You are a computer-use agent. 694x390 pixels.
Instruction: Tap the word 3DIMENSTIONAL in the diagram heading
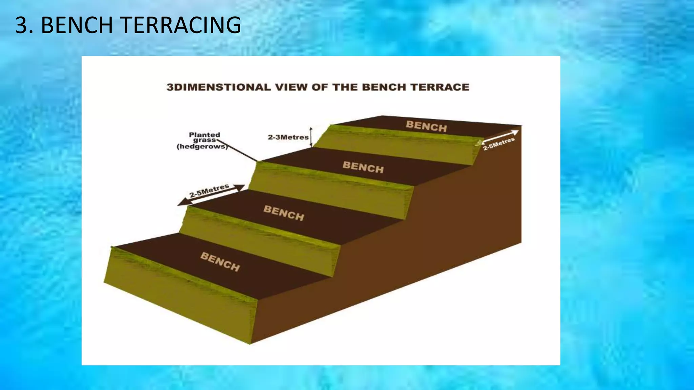point(219,87)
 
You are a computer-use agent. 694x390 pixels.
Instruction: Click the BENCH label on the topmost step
point(426,126)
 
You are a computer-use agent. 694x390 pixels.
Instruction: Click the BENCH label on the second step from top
point(363,167)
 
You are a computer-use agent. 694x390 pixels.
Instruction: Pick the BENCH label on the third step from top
point(284,213)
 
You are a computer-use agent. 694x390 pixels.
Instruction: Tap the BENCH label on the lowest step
point(220,261)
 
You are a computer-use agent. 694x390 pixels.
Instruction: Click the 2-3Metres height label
point(288,137)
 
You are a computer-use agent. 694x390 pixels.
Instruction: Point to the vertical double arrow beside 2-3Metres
point(311,137)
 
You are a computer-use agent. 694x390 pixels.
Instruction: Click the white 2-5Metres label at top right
point(499,144)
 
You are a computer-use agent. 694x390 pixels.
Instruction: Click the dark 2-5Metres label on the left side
point(209,191)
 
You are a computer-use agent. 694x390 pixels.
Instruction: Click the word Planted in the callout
point(204,135)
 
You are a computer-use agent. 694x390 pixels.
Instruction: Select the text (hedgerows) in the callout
point(202,147)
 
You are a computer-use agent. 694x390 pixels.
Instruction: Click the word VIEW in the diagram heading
point(291,87)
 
